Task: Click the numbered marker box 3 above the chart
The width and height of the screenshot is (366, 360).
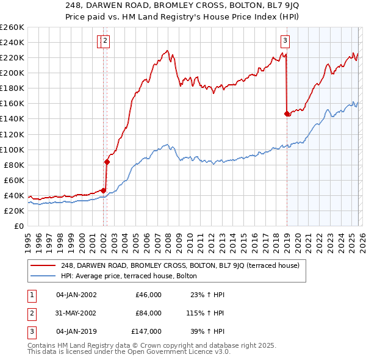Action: [285, 41]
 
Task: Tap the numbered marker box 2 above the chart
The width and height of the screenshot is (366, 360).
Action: [106, 41]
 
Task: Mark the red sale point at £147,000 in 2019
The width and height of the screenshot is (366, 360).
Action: [287, 113]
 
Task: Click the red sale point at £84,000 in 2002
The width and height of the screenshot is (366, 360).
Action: [107, 162]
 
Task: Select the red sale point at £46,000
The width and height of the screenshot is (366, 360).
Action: [103, 190]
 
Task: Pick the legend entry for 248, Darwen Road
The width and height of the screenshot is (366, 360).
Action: [180, 265]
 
